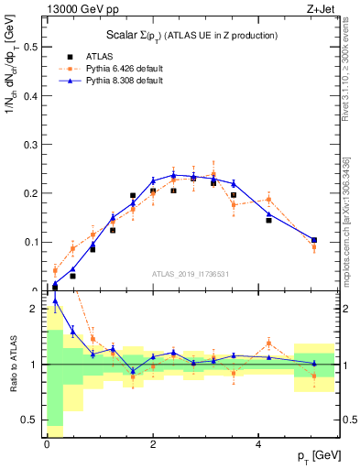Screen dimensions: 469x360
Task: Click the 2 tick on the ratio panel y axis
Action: (x=33, y=309)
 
